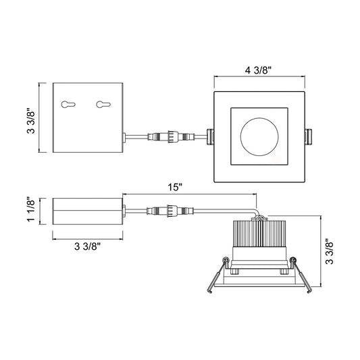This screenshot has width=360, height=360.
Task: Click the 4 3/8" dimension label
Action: click(258, 70)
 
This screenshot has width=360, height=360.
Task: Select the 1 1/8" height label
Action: click(31, 209)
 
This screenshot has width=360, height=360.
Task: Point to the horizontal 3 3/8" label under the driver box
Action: click(88, 247)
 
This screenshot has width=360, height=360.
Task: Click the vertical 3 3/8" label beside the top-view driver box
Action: click(31, 120)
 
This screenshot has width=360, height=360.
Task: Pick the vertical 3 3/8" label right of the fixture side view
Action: click(330, 252)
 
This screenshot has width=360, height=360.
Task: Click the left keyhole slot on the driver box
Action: click(68, 105)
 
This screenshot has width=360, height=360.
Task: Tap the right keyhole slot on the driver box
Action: click(103, 105)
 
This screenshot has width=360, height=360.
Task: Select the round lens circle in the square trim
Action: click(259, 137)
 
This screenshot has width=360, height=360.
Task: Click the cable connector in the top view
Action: click(172, 137)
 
